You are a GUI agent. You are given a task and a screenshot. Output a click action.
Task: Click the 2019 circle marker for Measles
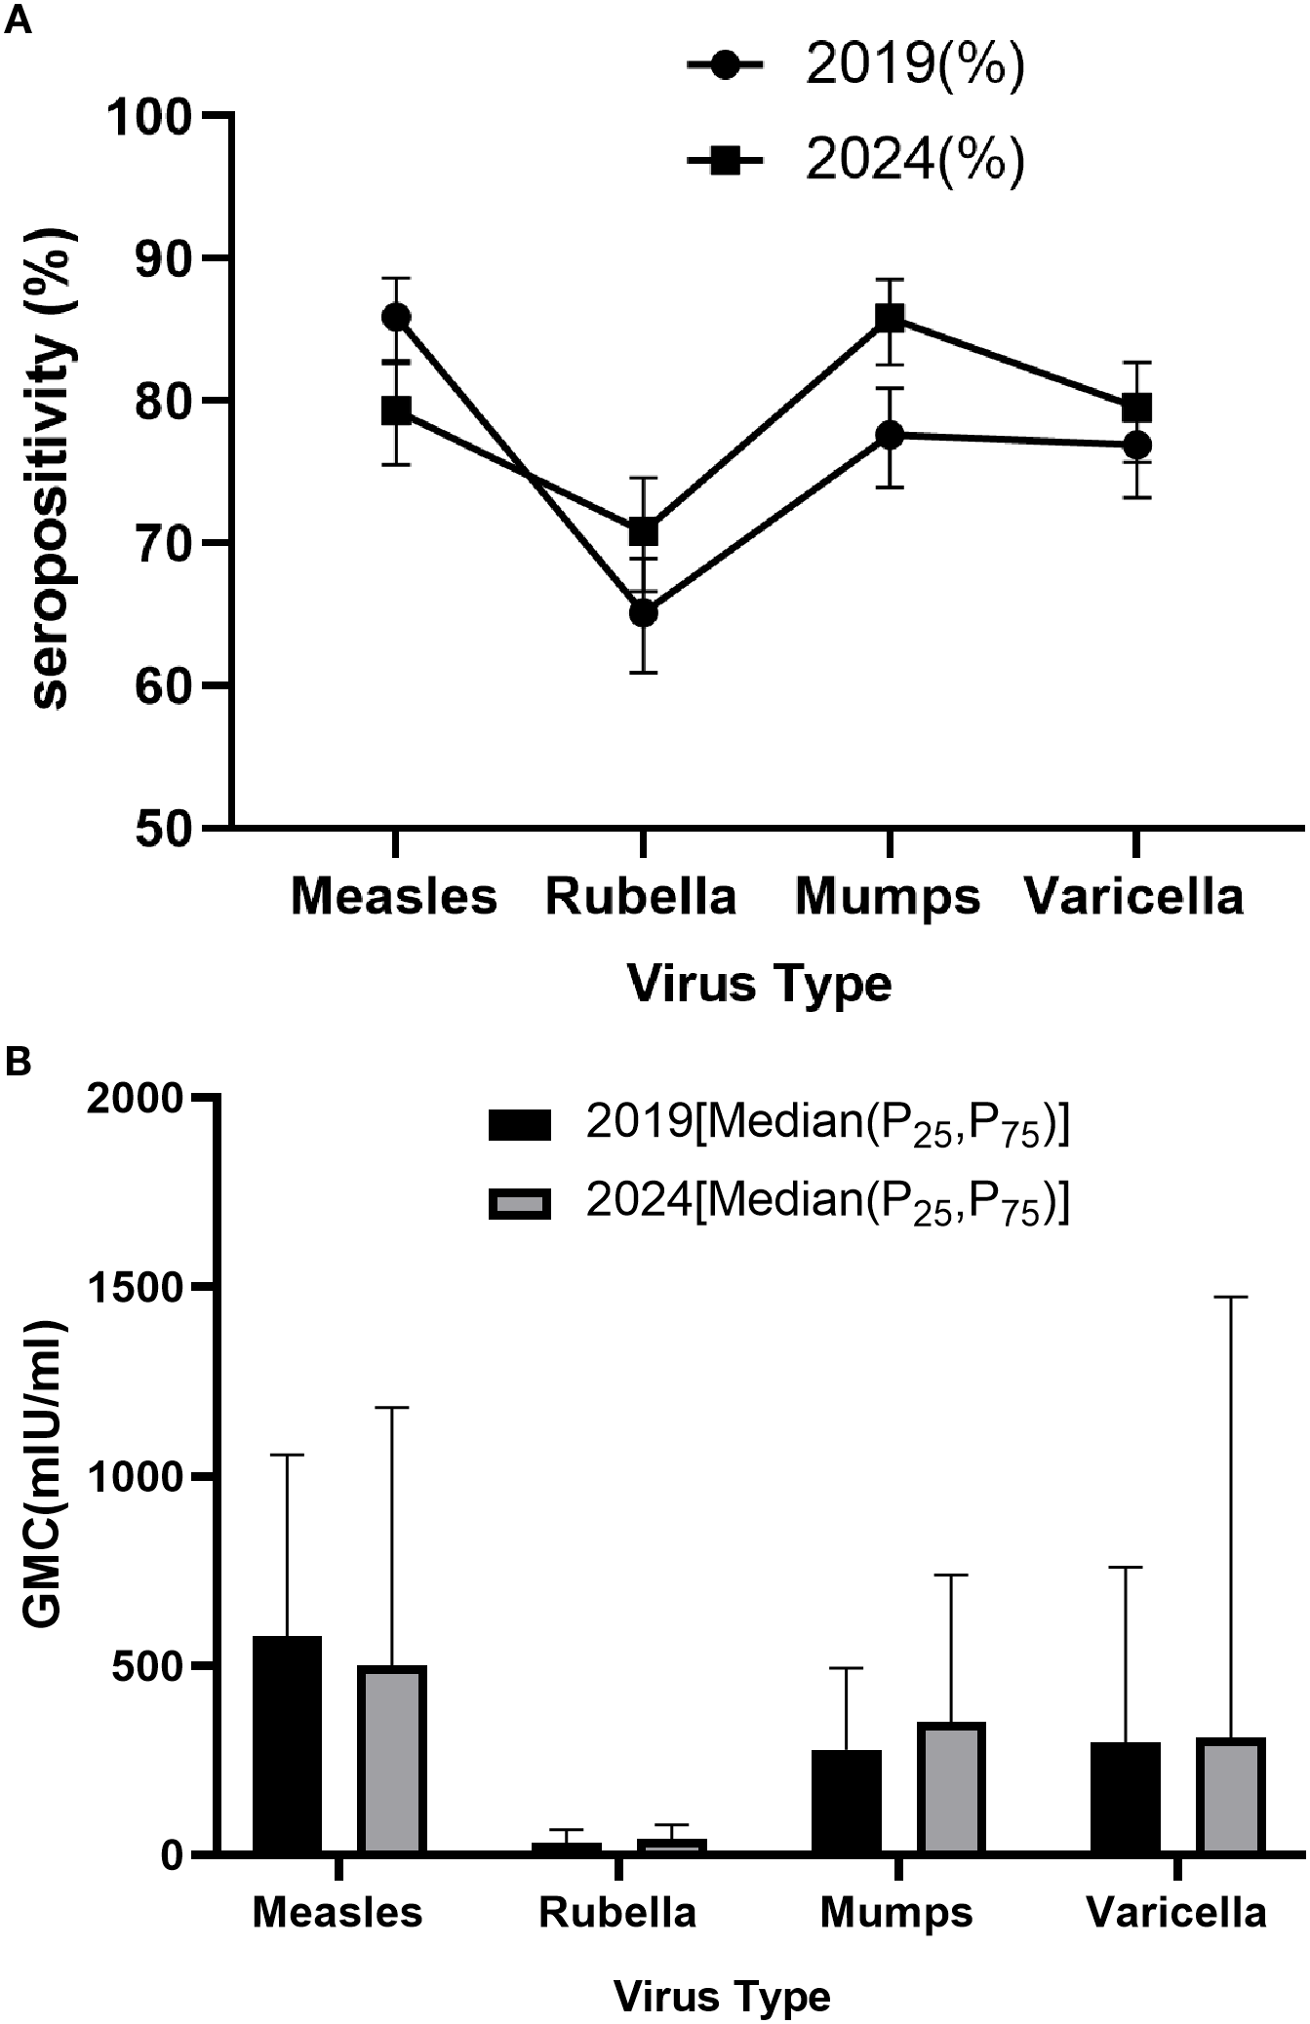396,317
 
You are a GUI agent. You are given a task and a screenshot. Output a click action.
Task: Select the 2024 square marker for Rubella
643,532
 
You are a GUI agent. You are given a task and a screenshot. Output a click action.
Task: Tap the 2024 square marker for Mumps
889,318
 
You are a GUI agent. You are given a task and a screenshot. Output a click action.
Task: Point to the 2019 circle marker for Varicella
1136,445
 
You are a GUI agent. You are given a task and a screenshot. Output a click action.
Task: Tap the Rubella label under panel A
641,896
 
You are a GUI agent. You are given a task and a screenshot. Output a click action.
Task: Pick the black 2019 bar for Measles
288,1744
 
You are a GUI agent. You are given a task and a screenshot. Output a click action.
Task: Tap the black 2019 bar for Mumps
847,1801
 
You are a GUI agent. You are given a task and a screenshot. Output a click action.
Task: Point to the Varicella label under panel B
1176,1913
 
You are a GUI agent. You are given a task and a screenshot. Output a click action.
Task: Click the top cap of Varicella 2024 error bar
1231,1298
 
